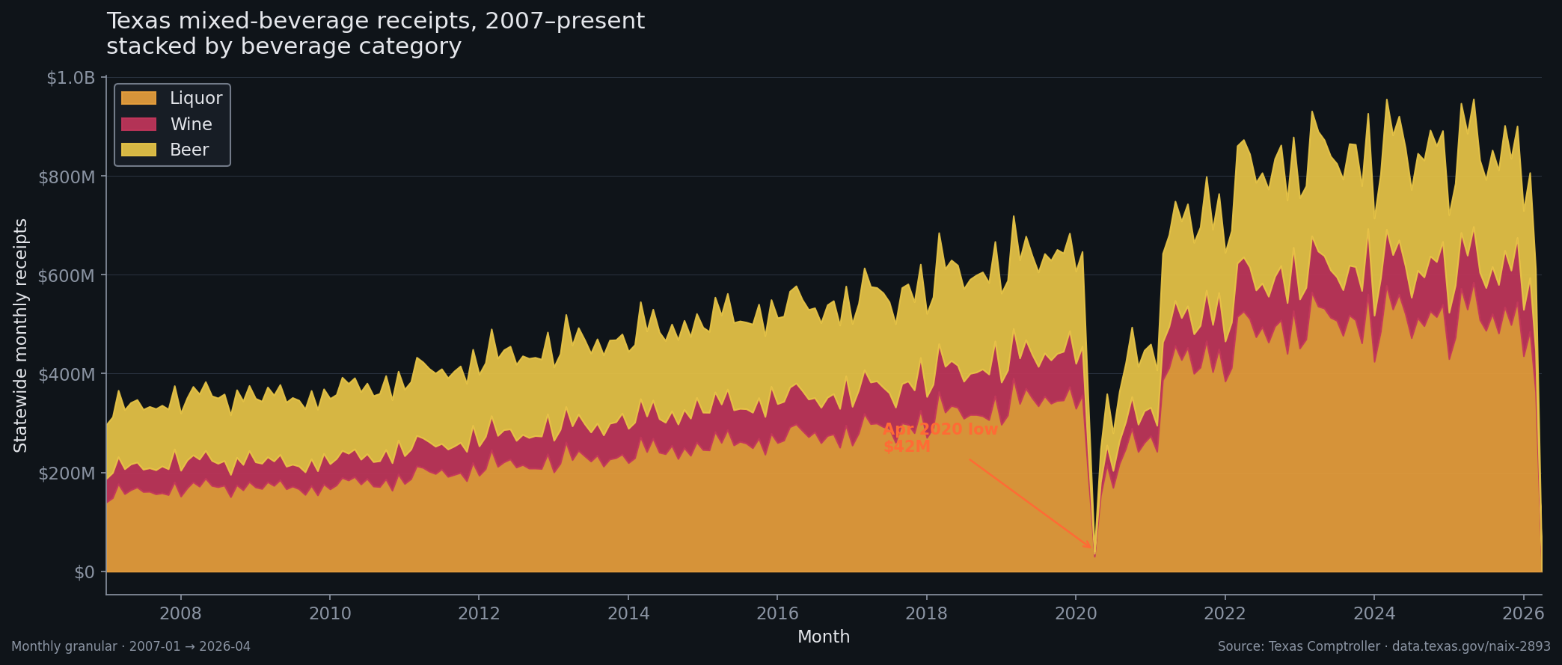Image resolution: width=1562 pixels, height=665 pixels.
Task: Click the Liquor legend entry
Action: [x=195, y=98]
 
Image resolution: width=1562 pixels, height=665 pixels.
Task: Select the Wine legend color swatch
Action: [x=138, y=124]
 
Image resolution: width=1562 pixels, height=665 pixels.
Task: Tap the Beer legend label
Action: [x=189, y=150]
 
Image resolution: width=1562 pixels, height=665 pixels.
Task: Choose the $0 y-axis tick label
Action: [x=85, y=572]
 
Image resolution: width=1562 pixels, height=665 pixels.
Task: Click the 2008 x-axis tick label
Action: [x=180, y=613]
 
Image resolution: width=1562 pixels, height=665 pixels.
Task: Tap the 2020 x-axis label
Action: [x=1076, y=613]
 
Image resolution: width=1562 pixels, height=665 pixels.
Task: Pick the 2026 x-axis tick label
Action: [x=1523, y=613]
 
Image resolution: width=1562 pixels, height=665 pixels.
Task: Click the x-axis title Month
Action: [x=824, y=637]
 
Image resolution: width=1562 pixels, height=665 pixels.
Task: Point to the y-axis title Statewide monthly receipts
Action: [x=21, y=335]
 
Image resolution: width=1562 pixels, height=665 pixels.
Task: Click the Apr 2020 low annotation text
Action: [x=940, y=429]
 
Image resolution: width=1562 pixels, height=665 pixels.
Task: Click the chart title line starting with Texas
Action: [x=376, y=21]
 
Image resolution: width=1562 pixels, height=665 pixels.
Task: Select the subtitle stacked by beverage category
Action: [x=284, y=46]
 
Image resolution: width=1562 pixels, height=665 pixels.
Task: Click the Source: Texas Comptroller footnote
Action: [x=1384, y=646]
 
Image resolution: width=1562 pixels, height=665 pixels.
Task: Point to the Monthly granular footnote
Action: [x=131, y=646]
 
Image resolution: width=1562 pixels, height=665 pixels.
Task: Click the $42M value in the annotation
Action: [x=907, y=447]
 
